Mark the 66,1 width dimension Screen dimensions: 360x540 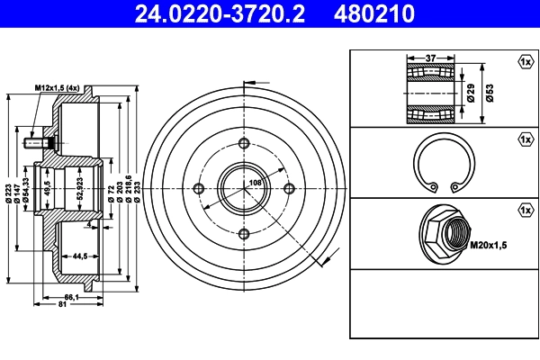coord(69,297)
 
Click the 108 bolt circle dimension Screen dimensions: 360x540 coord(255,184)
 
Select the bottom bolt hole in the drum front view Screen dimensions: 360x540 coord(244,233)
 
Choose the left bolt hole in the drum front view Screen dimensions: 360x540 coord(198,187)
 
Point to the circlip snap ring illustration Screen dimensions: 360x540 coord(444,166)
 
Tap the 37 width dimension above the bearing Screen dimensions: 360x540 coord(430,58)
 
